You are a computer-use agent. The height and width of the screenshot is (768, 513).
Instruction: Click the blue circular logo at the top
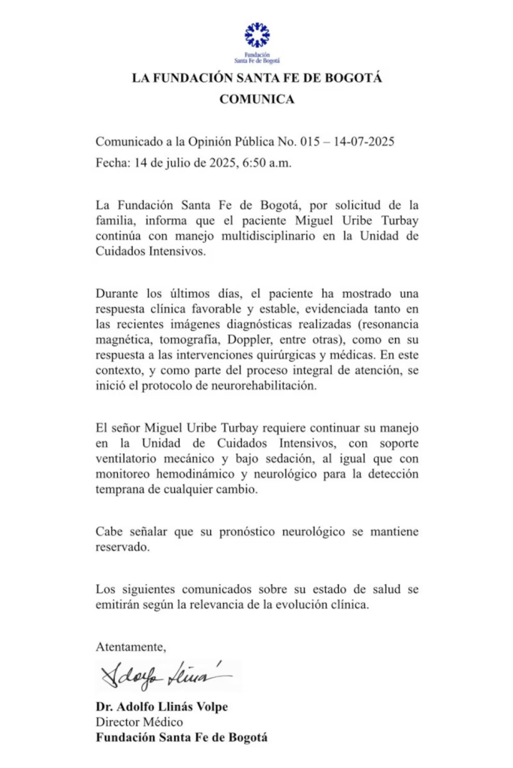coord(257,35)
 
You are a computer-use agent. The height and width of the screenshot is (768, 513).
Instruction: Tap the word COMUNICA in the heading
coord(257,99)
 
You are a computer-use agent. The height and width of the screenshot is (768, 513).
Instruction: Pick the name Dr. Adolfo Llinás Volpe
coord(161,707)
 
